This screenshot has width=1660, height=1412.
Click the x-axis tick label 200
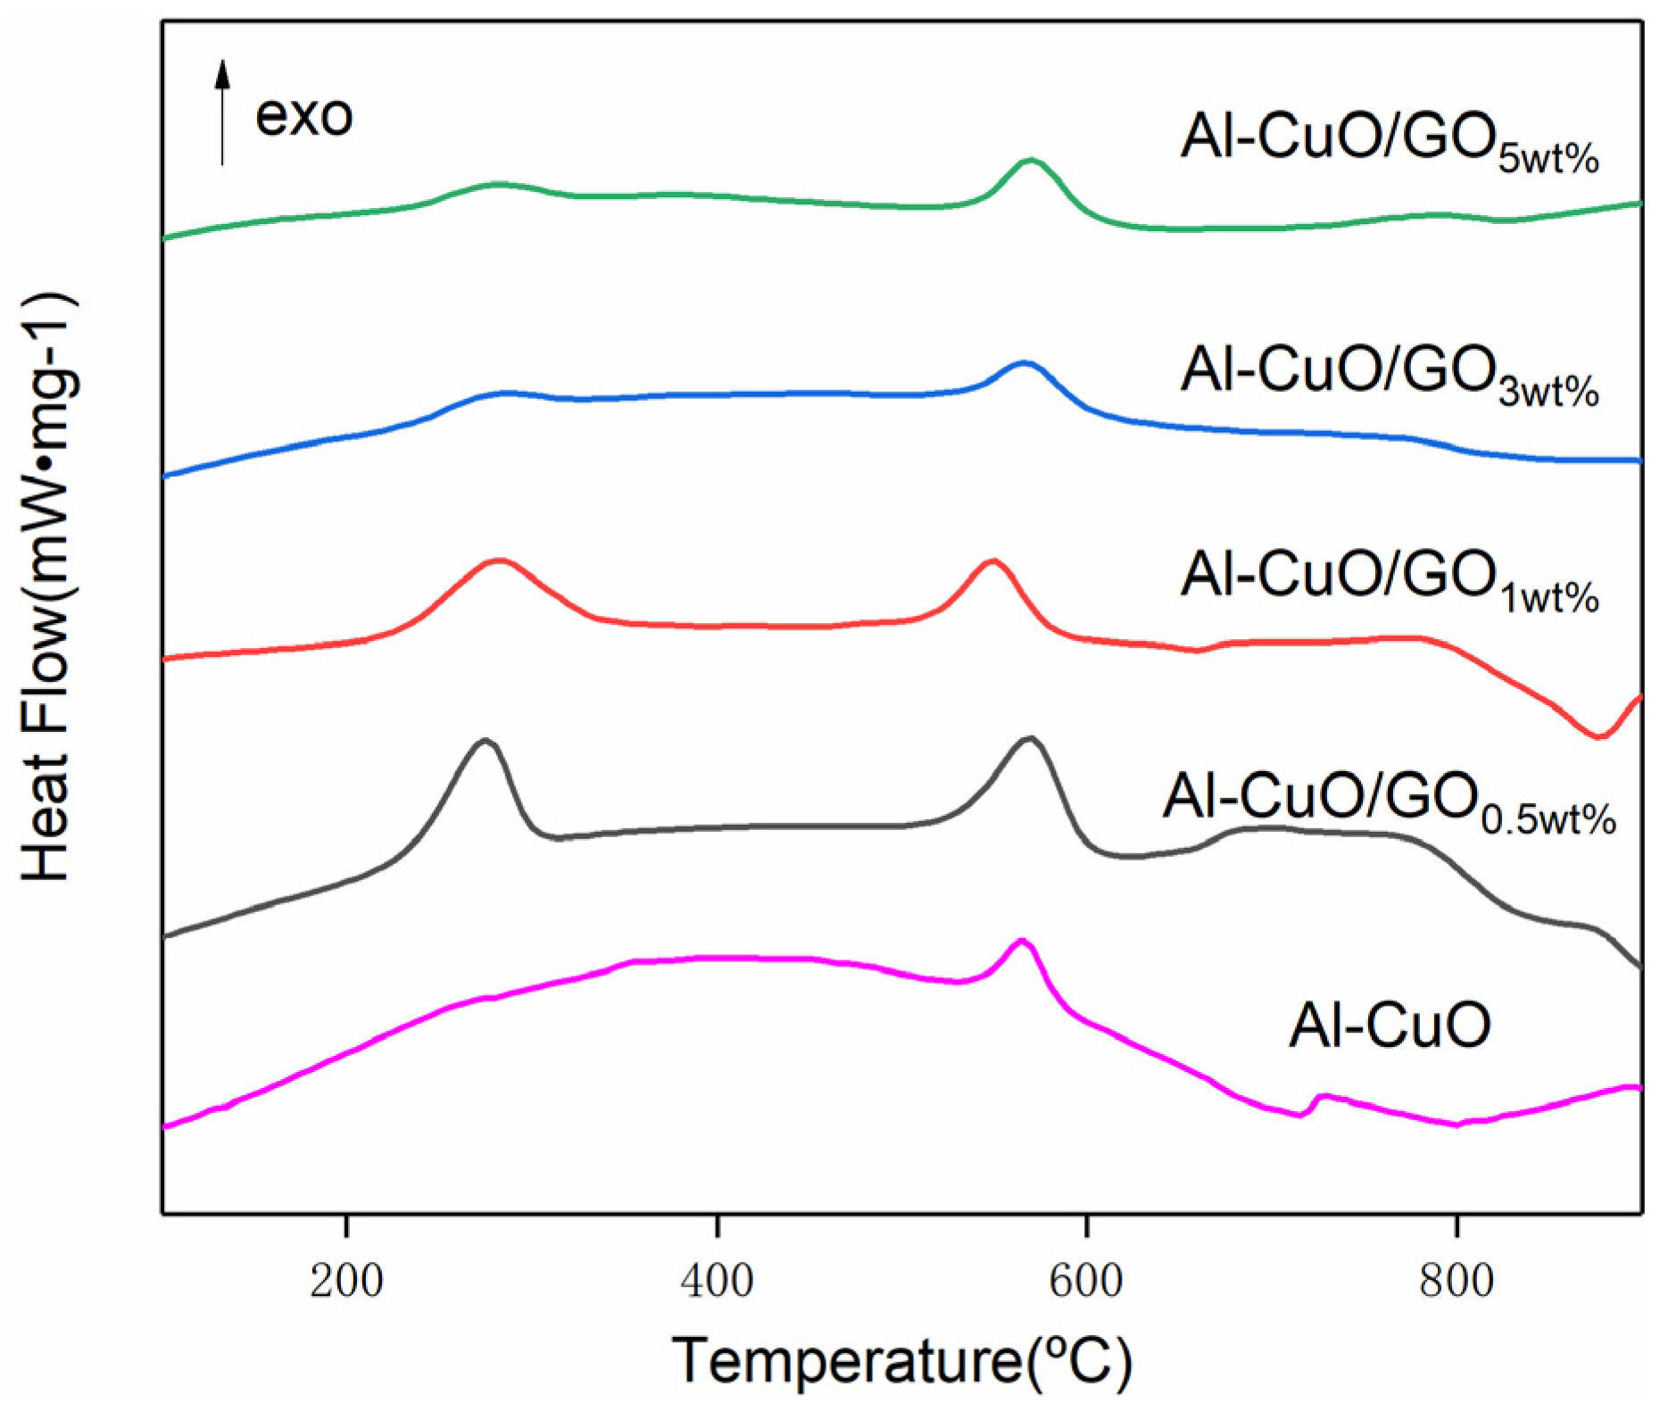[346, 1283]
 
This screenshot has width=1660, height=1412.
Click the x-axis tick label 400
[716, 1283]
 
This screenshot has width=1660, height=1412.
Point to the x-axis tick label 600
[1085, 1283]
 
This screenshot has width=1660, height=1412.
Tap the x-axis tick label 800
[1456, 1283]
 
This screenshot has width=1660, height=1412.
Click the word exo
[303, 116]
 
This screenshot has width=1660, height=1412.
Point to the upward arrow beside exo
[222, 112]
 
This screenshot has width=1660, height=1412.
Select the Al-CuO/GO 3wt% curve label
[1389, 373]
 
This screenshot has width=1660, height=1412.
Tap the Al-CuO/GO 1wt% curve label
[1389, 578]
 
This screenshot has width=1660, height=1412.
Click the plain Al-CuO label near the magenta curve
[1389, 1026]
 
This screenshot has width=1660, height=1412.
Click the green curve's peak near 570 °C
[1031, 161]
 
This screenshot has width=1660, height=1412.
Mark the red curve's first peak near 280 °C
[500, 561]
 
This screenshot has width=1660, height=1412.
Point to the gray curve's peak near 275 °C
[485, 740]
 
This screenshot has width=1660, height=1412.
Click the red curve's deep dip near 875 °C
[1598, 736]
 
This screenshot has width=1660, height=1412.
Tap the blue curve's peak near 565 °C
[1024, 362]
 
